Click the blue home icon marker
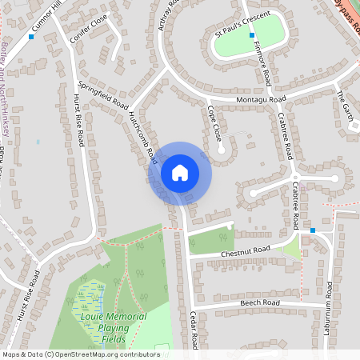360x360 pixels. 180,173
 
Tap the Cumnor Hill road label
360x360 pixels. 46,22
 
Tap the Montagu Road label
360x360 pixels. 261,99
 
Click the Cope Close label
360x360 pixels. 215,123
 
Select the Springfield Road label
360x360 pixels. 103,95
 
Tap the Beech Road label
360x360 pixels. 259,304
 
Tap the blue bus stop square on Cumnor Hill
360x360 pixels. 31,37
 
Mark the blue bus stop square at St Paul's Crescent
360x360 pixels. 252,35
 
